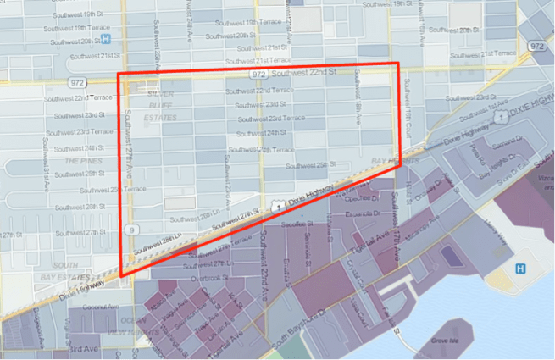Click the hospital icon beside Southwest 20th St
(x=106, y=39)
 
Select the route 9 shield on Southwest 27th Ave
(x=130, y=229)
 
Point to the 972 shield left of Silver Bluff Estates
(x=78, y=83)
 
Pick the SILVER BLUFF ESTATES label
(x=161, y=105)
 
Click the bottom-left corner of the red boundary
(x=121, y=275)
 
